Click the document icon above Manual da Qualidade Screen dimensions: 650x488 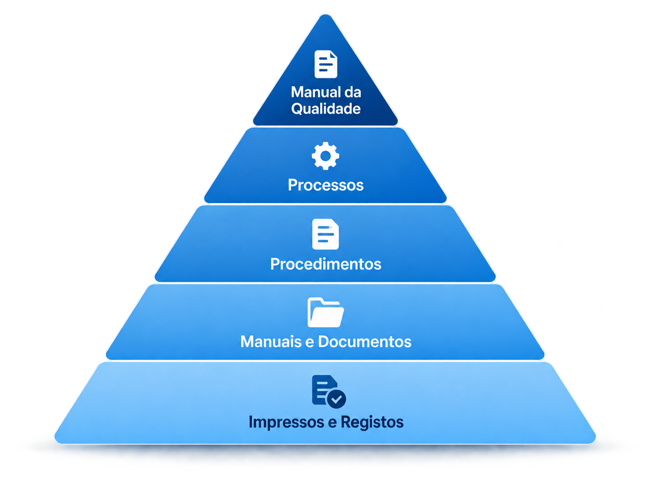pos(325,64)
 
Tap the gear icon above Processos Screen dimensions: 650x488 pos(325,156)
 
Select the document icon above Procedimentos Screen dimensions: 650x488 pos(325,234)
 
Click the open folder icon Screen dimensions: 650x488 pos(325,312)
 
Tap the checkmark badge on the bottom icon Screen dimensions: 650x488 pos(336,399)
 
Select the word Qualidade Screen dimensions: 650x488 pos(326,109)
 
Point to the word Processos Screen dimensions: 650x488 pos(325,185)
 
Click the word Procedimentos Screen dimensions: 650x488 pos(325,264)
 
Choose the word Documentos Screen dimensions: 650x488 pos(365,342)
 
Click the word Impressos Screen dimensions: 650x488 pos(286,422)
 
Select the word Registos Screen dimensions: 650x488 pos(372,422)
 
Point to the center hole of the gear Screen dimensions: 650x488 pos(325,156)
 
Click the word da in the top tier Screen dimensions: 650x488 pos(353,92)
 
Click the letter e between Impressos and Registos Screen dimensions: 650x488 pos(332,423)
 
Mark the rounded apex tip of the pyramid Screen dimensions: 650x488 pos(325,15)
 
